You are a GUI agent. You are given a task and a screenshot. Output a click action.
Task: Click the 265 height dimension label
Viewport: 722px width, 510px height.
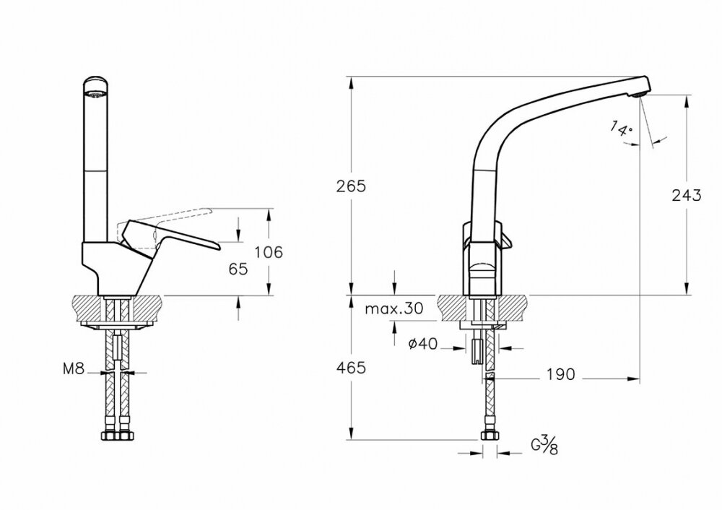coord(351,186)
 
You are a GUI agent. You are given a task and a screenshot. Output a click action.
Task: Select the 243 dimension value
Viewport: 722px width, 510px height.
coord(687,195)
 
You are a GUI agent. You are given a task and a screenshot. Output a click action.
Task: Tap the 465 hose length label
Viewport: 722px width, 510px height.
coord(351,368)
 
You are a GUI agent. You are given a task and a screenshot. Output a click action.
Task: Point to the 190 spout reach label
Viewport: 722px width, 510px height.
coord(561,374)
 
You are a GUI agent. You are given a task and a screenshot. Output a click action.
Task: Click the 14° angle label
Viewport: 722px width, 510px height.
coord(621,128)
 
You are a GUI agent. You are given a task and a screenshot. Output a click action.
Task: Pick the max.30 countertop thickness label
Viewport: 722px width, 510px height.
coord(394,308)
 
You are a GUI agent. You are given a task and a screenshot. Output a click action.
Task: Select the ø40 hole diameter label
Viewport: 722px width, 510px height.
coord(423,343)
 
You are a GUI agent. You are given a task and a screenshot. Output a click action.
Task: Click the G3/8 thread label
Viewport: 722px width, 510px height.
coord(544,446)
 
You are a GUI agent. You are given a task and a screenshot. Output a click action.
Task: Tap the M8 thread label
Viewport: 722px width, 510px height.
coord(74,368)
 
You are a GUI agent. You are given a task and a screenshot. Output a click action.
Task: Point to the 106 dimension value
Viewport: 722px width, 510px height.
coord(269,252)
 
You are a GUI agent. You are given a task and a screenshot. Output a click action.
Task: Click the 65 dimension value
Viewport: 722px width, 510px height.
coord(238,269)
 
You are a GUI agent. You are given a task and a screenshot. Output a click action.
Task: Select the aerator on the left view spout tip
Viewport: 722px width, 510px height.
coord(96,95)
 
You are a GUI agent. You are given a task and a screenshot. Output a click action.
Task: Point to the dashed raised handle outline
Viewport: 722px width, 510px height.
coord(166,220)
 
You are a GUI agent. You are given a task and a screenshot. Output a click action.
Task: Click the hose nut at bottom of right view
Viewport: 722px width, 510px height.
coord(489,435)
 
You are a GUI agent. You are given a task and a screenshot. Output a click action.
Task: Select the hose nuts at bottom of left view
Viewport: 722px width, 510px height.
coord(117,436)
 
